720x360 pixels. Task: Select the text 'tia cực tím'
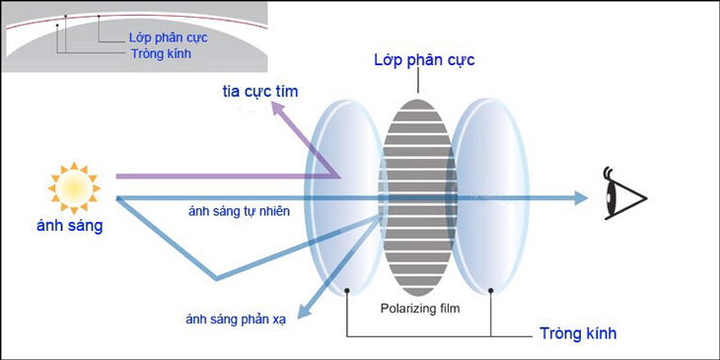click(x=260, y=92)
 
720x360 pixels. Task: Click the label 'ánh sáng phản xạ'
click(x=236, y=319)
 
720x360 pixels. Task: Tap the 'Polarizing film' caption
click(x=420, y=308)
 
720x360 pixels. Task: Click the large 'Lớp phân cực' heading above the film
click(x=424, y=60)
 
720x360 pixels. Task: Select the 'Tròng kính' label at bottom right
click(x=579, y=333)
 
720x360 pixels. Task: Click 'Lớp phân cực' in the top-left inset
click(x=168, y=37)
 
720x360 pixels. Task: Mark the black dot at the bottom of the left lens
click(x=349, y=291)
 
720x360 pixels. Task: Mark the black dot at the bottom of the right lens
click(x=490, y=291)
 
